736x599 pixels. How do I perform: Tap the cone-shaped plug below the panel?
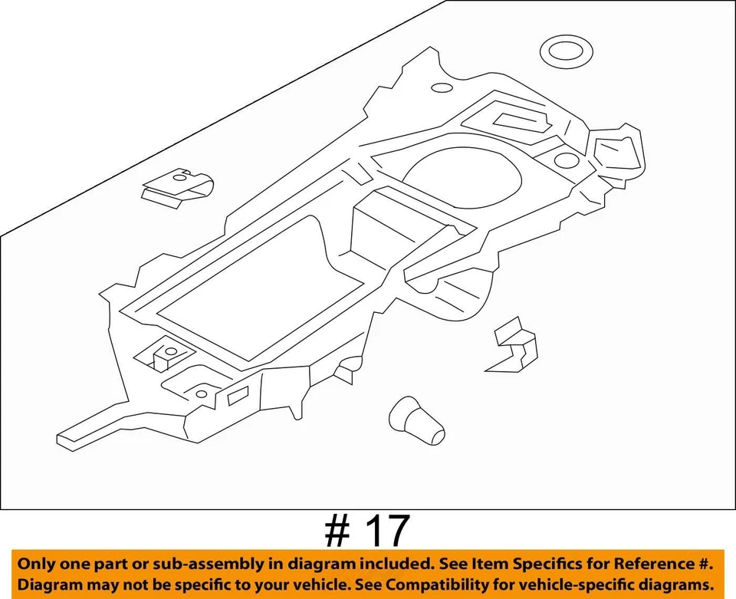click(416, 422)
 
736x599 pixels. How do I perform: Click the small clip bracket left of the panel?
click(176, 186)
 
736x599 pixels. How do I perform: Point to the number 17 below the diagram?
click(387, 530)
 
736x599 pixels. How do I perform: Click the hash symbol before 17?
click(335, 531)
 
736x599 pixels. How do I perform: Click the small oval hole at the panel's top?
click(442, 88)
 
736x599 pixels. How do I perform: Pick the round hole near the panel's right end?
click(565, 160)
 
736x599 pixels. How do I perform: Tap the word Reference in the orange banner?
click(646, 564)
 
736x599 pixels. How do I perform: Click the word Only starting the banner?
click(39, 564)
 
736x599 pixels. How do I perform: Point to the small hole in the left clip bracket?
click(181, 177)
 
